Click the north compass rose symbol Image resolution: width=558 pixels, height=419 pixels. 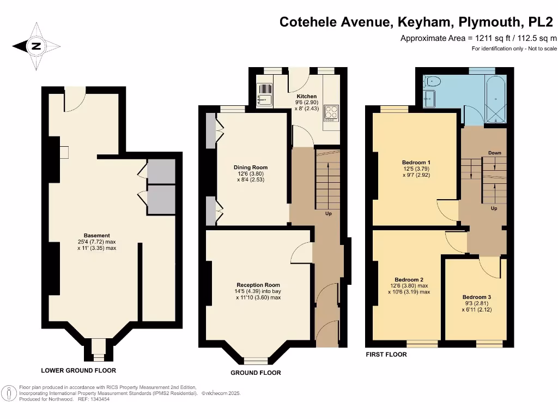(x=37, y=46)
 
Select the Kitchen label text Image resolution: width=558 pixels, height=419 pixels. (x=306, y=97)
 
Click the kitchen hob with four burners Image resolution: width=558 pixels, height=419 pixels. (x=331, y=112)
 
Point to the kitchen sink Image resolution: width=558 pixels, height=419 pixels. (x=265, y=99)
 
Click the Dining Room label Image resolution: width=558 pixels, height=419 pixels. (x=251, y=167)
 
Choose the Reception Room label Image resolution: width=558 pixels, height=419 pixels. (x=258, y=285)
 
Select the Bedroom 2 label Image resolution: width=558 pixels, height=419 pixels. (x=409, y=280)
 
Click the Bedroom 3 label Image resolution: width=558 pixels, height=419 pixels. (x=476, y=298)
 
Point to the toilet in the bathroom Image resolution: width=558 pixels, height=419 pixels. (x=433, y=81)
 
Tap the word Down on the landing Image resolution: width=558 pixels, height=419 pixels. (x=494, y=153)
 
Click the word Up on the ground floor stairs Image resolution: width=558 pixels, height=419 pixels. (x=329, y=213)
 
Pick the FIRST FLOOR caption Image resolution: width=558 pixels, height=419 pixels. (x=386, y=355)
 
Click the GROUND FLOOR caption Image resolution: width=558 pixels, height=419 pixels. (x=256, y=373)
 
